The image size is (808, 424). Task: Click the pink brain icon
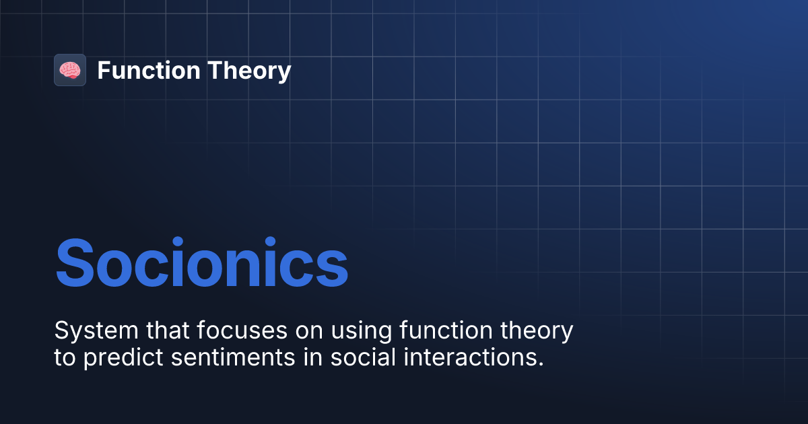[x=70, y=70]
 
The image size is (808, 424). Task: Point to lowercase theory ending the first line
[x=541, y=332]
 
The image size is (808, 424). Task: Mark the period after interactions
[x=540, y=364]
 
